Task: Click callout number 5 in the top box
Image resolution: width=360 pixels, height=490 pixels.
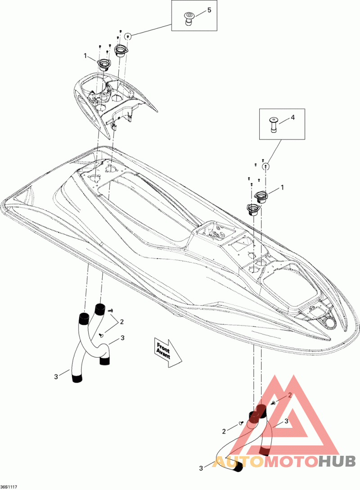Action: pos(208,10)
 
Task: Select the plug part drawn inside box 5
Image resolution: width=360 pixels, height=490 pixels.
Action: pos(188,20)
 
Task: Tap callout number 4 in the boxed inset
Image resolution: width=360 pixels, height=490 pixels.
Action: pos(292,117)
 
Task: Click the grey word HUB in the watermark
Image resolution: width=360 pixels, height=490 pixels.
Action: pos(337,461)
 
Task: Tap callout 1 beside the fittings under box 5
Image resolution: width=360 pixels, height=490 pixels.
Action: pos(85,56)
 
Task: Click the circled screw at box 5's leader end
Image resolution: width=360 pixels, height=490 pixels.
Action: pos(128,36)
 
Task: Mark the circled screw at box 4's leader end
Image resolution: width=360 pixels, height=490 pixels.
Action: pos(266,166)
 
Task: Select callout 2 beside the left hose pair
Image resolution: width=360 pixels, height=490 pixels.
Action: pos(122,322)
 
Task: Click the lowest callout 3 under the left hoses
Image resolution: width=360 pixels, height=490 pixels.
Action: pos(56,377)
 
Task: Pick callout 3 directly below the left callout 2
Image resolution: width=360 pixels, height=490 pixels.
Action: pos(122,337)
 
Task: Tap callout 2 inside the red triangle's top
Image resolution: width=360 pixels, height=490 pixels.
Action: pos(290,395)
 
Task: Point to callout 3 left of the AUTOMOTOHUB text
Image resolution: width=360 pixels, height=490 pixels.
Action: pos(201,468)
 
